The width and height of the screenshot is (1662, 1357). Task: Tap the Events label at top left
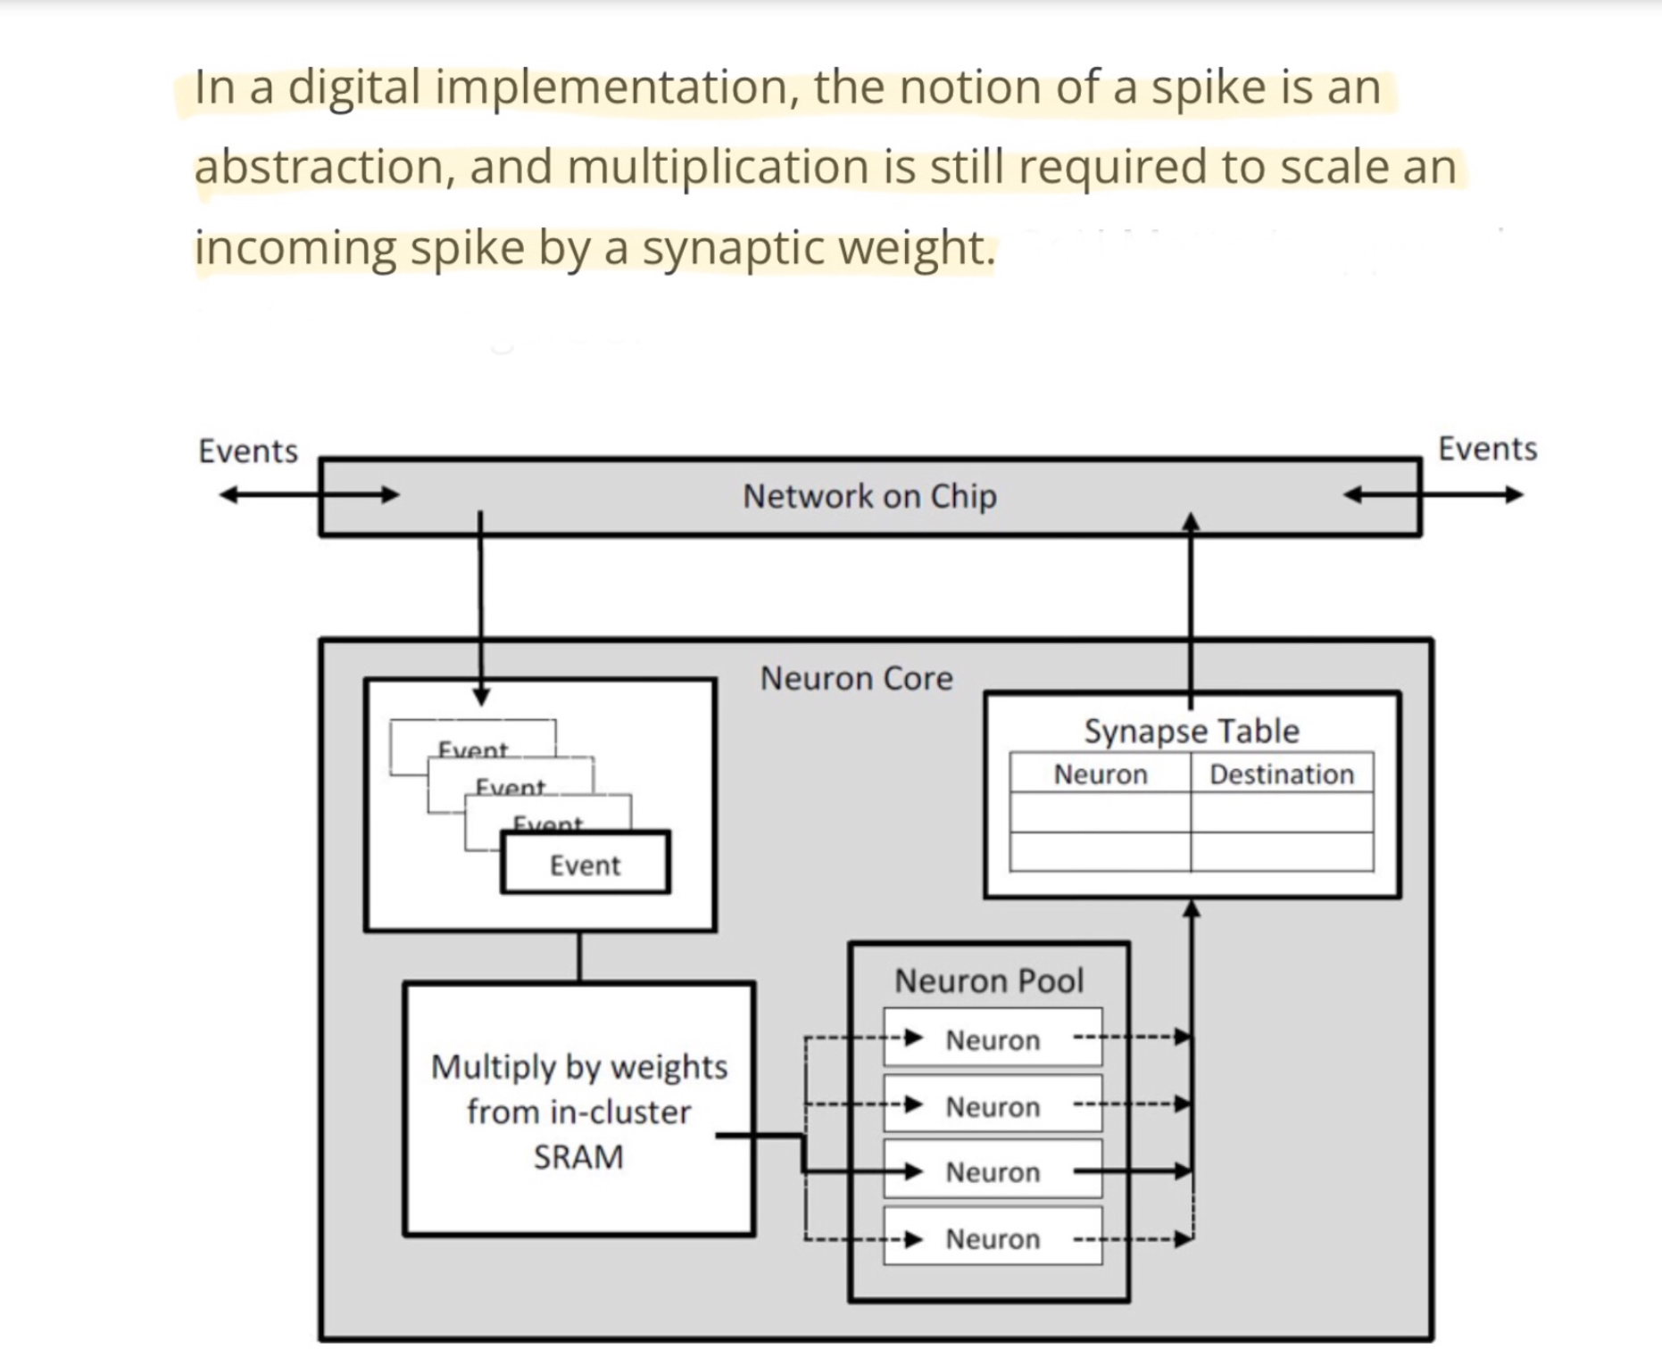248,451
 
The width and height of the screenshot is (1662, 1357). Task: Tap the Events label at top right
1487,449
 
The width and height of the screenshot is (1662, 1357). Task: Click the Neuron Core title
856,679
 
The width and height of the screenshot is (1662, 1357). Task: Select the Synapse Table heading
1191,731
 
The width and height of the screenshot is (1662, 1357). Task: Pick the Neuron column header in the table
1100,774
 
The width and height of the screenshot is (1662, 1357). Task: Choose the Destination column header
1281,774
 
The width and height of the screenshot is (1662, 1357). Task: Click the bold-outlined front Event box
585,864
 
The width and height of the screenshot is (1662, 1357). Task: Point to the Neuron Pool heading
988,981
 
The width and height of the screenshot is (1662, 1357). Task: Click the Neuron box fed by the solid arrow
993,1171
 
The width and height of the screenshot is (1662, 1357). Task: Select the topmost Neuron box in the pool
993,1039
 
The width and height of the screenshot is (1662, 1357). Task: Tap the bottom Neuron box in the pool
993,1238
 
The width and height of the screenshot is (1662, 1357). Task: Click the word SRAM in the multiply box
578,1157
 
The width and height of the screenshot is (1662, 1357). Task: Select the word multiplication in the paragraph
718,168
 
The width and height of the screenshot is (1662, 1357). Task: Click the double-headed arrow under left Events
309,494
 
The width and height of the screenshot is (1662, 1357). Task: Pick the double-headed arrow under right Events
1433,494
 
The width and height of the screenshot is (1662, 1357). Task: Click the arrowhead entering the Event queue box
480,696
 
